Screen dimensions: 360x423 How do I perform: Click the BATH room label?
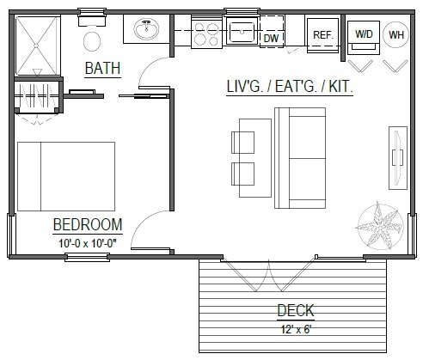(x=102, y=68)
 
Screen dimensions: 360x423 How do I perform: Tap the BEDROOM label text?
(x=87, y=225)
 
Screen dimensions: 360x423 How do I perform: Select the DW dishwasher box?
(x=271, y=38)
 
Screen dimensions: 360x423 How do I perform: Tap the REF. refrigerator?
(x=322, y=35)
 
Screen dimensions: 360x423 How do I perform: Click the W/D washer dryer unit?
(x=364, y=34)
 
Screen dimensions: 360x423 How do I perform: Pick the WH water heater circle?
(x=395, y=34)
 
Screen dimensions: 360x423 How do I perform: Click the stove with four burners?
(x=206, y=34)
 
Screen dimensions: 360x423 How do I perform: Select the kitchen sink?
(x=243, y=34)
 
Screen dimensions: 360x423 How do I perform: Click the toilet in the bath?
(x=93, y=38)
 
